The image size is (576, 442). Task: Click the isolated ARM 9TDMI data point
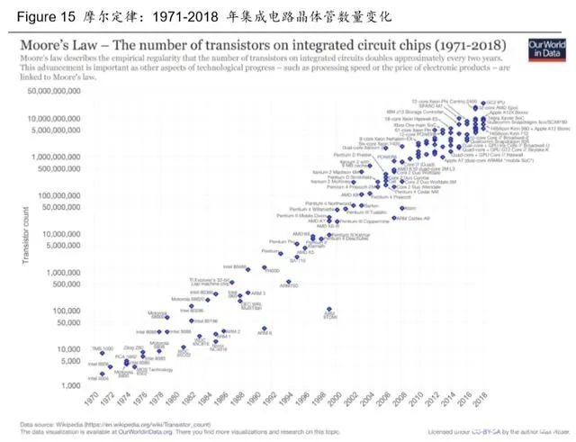pyautogui.click(x=329, y=309)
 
